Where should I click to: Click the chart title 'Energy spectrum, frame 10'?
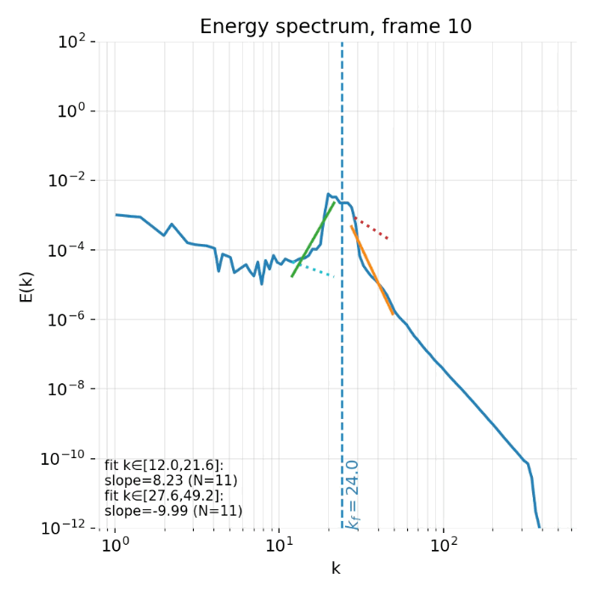click(335, 27)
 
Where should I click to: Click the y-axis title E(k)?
click(26, 285)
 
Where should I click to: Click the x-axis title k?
click(335, 569)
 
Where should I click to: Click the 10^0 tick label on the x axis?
click(115, 545)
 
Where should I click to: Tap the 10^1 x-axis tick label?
click(279, 545)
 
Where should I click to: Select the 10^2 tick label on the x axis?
click(443, 545)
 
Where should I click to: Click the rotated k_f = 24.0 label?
click(354, 495)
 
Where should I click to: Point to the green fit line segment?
click(313, 239)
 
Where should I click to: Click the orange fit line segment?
click(372, 270)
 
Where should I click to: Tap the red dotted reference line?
click(371, 229)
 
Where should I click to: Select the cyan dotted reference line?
click(316, 270)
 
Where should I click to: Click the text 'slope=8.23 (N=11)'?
click(171, 480)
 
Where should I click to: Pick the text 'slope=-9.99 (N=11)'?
click(173, 511)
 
